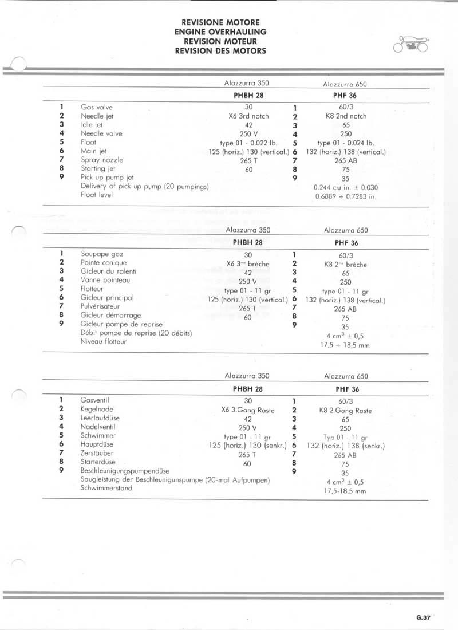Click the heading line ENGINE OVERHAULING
[x=220, y=32]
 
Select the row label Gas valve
[x=97, y=107]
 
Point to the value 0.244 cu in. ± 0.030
[x=346, y=187]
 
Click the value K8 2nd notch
[x=345, y=116]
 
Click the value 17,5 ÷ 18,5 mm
[x=345, y=345]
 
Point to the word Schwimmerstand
[x=106, y=488]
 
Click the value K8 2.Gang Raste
[x=345, y=410]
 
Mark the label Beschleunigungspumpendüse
[x=124, y=470]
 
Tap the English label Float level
[x=97, y=195]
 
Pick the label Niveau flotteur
[x=104, y=341]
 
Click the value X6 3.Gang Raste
[x=247, y=410]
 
